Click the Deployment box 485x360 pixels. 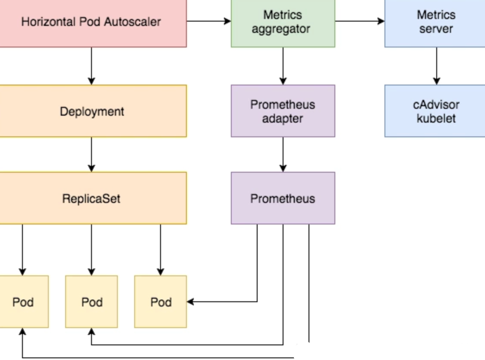click(x=92, y=111)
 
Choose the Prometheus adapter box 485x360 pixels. click(x=283, y=111)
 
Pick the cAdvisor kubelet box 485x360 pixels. click(x=435, y=111)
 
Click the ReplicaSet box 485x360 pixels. click(x=92, y=199)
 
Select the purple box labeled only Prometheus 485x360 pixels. click(x=283, y=199)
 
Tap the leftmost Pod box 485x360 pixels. click(x=23, y=302)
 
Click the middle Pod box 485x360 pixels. click(x=91, y=302)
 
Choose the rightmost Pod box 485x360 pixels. click(x=161, y=302)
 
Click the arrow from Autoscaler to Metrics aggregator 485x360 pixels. click(x=209, y=21)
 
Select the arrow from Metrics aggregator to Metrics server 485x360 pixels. click(x=359, y=21)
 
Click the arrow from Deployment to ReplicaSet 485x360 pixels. click(x=91, y=155)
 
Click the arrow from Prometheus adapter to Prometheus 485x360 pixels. click(x=283, y=155)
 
